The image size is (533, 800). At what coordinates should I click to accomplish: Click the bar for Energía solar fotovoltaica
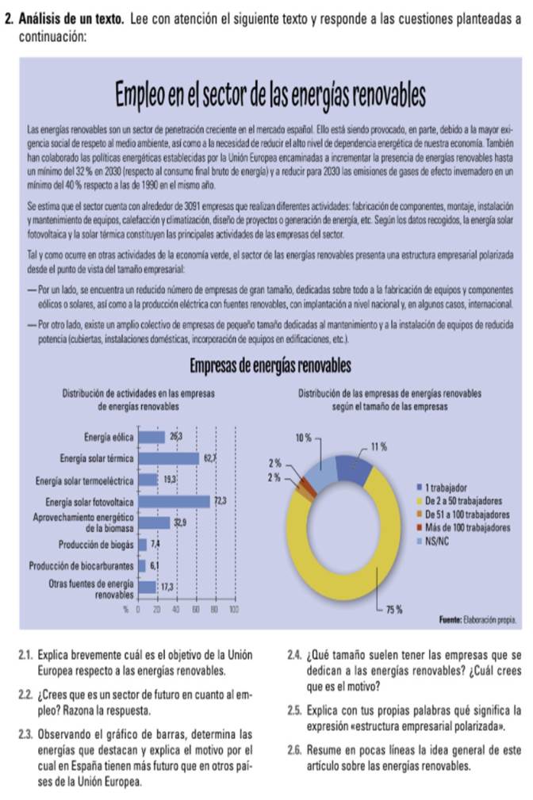175,501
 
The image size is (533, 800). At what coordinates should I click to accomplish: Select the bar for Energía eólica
151,437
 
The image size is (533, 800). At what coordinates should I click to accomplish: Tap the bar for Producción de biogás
143,544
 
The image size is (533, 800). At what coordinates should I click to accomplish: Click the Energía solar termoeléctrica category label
85,480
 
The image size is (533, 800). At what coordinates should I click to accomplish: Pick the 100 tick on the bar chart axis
234,608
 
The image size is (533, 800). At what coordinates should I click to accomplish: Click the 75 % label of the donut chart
393,609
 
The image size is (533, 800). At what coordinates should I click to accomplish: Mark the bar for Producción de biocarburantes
143,565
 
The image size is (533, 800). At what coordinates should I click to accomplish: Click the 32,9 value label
180,523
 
